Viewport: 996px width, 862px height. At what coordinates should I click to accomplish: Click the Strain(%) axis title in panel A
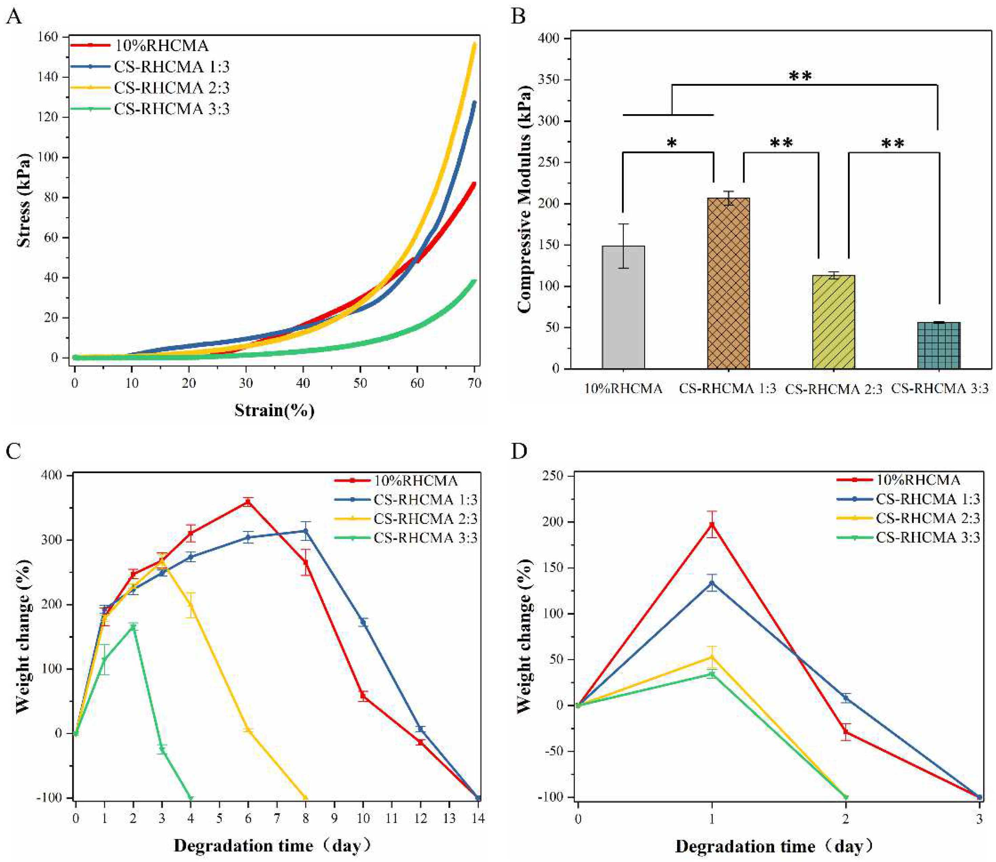274,410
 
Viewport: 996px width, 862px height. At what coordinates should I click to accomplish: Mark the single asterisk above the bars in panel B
672,143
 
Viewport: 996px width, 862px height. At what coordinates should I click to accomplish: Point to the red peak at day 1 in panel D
712,524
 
